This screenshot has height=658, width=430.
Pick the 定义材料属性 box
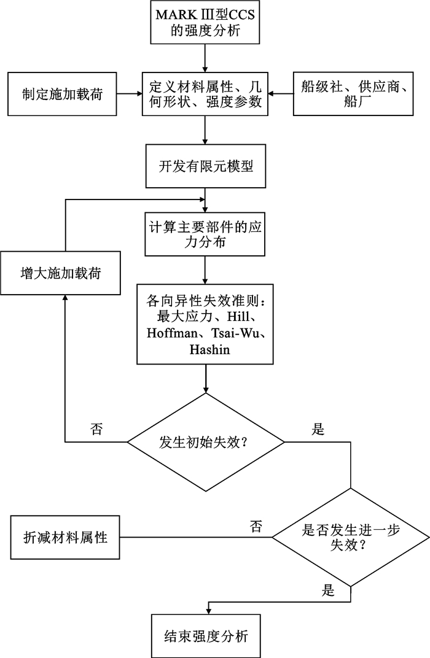point(205,94)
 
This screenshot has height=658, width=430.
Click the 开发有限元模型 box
point(205,166)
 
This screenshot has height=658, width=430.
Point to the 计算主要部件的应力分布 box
point(205,234)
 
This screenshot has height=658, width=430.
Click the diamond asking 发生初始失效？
point(205,441)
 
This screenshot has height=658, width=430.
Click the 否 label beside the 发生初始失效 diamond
point(96,428)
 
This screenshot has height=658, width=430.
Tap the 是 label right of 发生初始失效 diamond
point(318,429)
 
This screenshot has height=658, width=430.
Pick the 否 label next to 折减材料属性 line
point(257,525)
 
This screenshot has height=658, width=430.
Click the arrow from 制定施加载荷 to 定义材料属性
point(130,94)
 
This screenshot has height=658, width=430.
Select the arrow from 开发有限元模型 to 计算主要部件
point(205,198)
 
